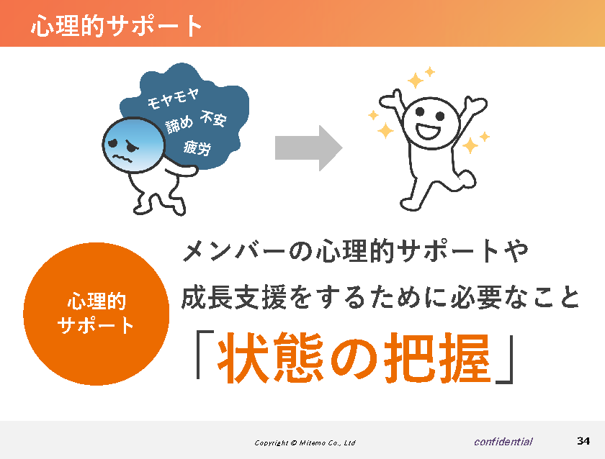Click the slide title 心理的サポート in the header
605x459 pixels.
pyautogui.click(x=117, y=26)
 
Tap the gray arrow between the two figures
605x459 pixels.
pyautogui.click(x=309, y=148)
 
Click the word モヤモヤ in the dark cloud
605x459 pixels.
pyautogui.click(x=174, y=99)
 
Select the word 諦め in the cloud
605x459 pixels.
pyautogui.click(x=179, y=124)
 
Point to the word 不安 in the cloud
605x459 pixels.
pyautogui.click(x=213, y=119)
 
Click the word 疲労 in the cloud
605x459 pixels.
pyautogui.click(x=197, y=148)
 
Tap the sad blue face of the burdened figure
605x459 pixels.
pyautogui.click(x=133, y=145)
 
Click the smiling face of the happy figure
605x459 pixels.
pyautogui.click(x=431, y=123)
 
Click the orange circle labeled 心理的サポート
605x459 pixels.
pyautogui.click(x=97, y=314)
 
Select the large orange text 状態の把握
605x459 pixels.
pyautogui.click(x=354, y=358)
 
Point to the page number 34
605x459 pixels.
pyautogui.click(x=583, y=440)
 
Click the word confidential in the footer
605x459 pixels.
pyautogui.click(x=503, y=442)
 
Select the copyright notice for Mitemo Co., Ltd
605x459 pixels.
pyautogui.click(x=305, y=443)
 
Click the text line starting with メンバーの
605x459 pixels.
pyautogui.click(x=355, y=251)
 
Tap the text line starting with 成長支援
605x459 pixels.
pyautogui.click(x=380, y=297)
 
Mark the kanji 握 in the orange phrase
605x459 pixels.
pyautogui.click(x=466, y=358)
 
